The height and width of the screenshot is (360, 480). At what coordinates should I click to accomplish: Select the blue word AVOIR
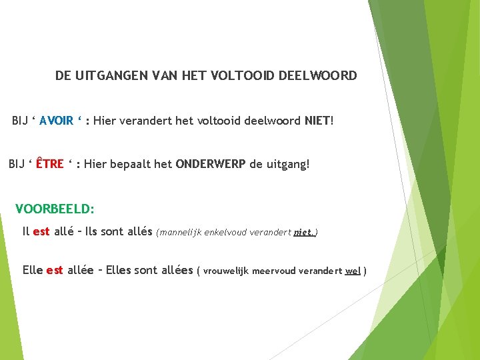pos(56,121)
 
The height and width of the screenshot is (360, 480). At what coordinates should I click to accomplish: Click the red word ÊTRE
pos(49,164)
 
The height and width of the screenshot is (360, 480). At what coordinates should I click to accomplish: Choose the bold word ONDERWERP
pos(211,164)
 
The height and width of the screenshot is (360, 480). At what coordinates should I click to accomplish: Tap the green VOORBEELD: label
pos(55,209)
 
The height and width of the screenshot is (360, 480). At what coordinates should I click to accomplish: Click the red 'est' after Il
pos(41,232)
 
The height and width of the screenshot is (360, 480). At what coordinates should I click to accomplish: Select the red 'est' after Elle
pos(55,271)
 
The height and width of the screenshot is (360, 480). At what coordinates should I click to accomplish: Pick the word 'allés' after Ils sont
pos(139,232)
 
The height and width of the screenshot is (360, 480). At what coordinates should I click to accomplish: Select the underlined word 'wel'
pos(353,271)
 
